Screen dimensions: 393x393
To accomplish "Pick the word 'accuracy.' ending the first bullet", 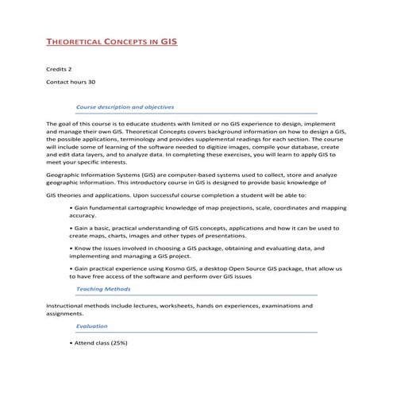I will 83,215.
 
